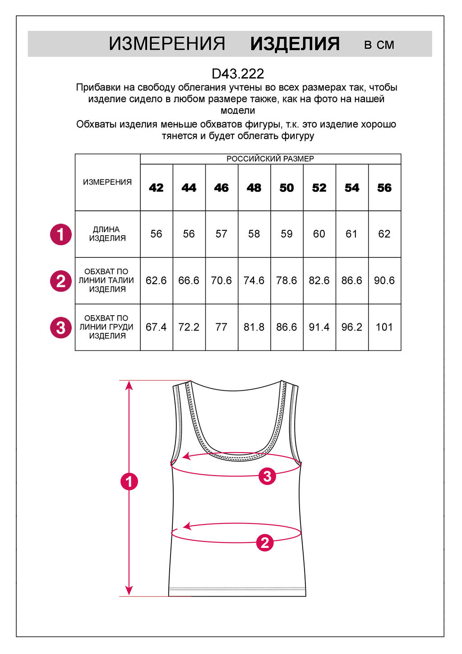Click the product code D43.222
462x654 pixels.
(238, 74)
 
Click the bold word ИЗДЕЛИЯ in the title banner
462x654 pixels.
(295, 44)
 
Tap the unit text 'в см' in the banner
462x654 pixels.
(379, 45)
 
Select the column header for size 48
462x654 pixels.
(254, 188)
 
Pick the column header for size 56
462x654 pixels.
(384, 188)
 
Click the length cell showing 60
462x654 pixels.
(319, 234)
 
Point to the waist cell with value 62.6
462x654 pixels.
(156, 280)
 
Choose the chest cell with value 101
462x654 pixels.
(384, 327)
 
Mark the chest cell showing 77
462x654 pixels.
(221, 327)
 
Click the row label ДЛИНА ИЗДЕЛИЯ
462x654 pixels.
(107, 234)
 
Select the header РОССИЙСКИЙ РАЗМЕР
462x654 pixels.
(270, 159)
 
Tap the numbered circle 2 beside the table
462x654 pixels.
(61, 281)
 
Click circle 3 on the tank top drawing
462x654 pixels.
(267, 476)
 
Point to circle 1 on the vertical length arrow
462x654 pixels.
(129, 481)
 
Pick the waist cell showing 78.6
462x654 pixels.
(286, 280)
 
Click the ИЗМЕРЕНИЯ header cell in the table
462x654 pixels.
(107, 182)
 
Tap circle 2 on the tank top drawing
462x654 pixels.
(265, 542)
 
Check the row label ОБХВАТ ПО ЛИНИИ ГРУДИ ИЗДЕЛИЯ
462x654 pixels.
(107, 327)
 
